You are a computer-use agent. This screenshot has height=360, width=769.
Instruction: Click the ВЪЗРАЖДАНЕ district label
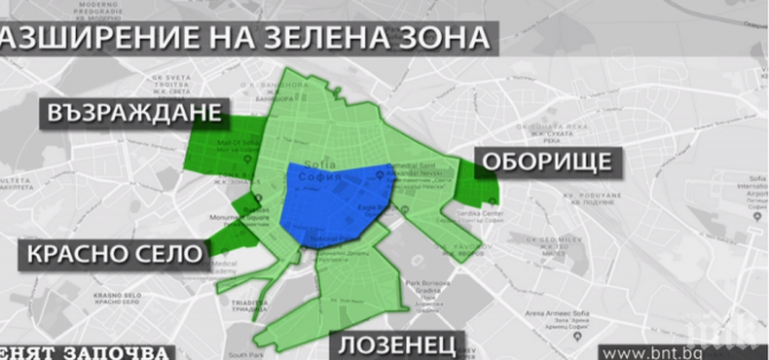[134, 114]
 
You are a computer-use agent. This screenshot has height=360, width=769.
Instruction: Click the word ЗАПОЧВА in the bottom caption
[121, 351]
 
